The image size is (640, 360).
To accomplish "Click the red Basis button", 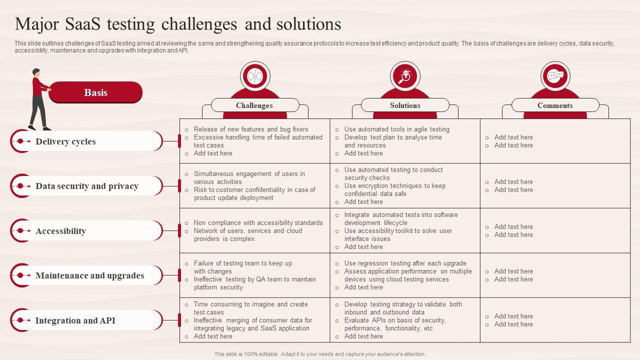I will click(95, 92).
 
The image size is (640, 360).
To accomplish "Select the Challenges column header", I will click(254, 105).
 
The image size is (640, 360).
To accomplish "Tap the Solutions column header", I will click(405, 105).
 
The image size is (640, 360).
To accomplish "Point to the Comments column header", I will click(555, 105).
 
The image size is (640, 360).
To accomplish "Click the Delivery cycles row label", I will click(65, 141).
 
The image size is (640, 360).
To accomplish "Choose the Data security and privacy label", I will click(87, 186).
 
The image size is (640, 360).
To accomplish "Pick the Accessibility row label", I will click(60, 231).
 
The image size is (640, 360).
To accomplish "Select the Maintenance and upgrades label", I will click(89, 275).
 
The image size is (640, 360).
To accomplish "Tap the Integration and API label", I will click(75, 320).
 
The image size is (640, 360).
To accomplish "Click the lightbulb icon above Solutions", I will click(405, 76).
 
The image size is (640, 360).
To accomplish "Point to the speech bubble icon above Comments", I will click(555, 76).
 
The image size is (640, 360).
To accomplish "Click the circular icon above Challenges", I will click(255, 76).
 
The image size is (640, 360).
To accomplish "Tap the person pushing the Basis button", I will click(39, 99).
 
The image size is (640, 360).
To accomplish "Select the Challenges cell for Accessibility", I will click(254, 230).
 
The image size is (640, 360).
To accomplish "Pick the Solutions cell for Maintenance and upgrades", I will click(405, 275).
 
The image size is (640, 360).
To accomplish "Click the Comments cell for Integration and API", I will click(555, 320).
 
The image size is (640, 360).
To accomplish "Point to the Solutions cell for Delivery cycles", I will click(405, 141).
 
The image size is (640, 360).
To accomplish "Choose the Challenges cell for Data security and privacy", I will click(254, 185).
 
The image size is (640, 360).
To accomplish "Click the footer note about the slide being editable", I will click(320, 354).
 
